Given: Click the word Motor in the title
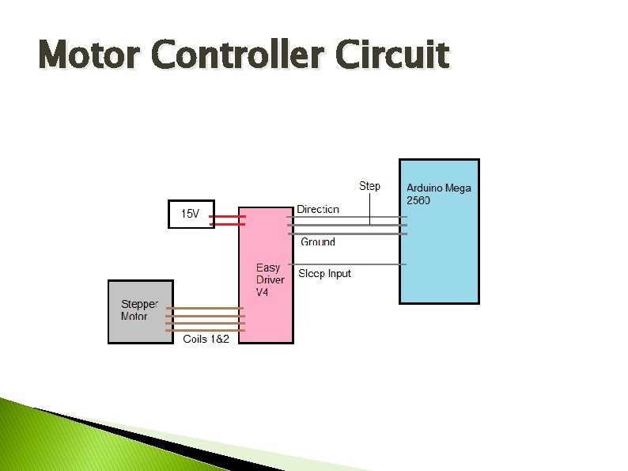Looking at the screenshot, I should pos(89,55).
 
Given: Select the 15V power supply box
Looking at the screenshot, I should pos(191,215).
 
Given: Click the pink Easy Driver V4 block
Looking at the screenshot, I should pos(266,317).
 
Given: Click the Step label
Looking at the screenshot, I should pos(369,186).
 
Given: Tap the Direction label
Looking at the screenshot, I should pos(318,209).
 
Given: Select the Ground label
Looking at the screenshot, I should pos(318,242).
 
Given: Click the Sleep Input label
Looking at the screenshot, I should pos(324,274).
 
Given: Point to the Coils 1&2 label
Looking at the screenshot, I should pos(206,339).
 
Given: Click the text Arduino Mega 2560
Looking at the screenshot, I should pos(438,194).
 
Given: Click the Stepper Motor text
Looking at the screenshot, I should pos(139,310).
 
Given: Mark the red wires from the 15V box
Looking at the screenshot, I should pos(227,219).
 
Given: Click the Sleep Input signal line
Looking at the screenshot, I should pos(348,264).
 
